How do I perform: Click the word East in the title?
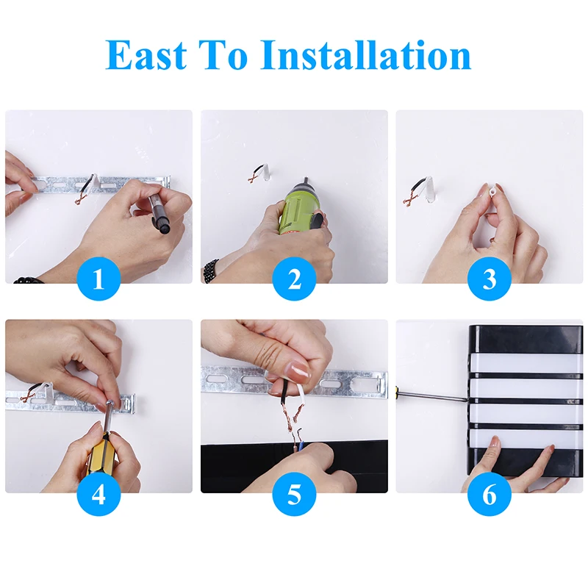coord(146,54)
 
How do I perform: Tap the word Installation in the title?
coord(365,54)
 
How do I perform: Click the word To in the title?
coord(225,54)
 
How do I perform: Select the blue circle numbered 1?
coord(98,279)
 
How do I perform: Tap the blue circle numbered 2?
coord(294,279)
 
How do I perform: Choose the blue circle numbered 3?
coord(490,279)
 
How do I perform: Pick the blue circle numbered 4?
coord(98,494)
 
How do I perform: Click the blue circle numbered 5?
coord(294,494)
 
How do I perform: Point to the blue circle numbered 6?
coord(490,494)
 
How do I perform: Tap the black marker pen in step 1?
coord(159,212)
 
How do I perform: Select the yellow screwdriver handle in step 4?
coord(101,453)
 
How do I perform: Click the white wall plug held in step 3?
coord(492,191)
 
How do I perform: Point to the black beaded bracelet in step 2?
coord(211,270)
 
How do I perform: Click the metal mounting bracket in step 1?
coord(101,184)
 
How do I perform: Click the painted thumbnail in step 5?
coord(298,369)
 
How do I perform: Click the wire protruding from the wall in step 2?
coord(259,173)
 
